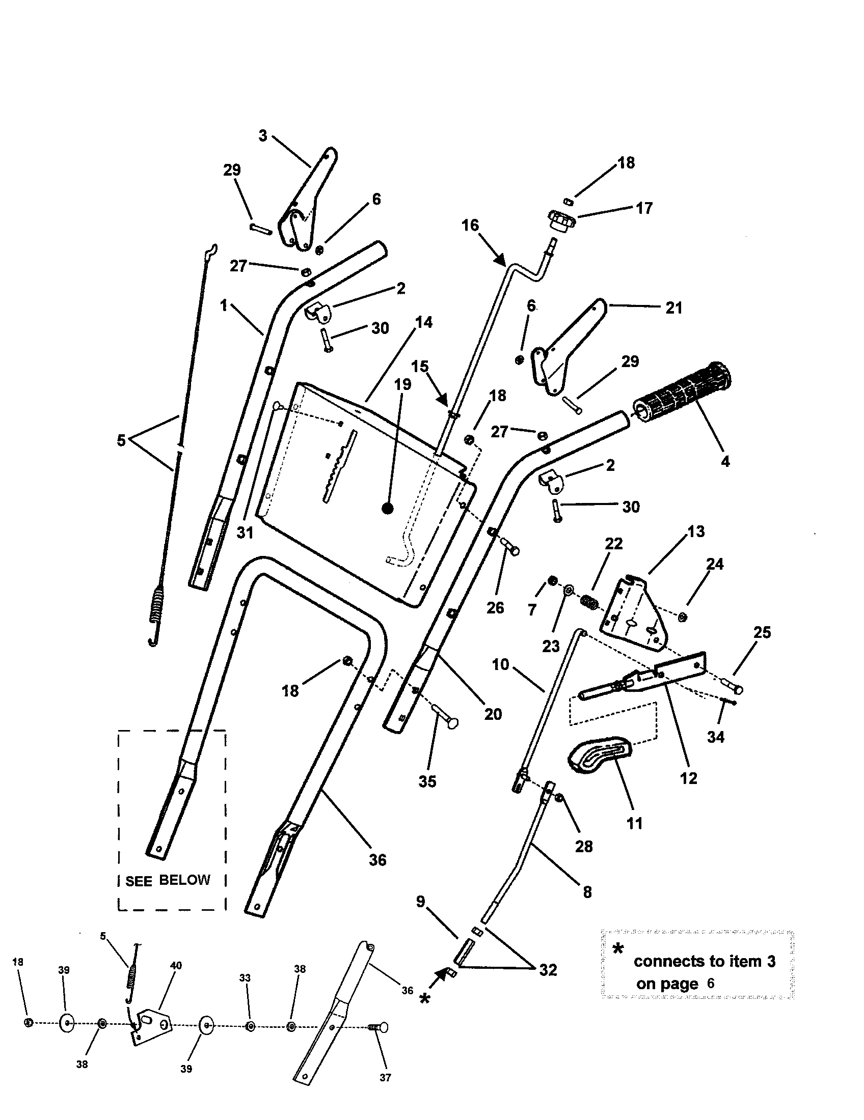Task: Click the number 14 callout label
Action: click(424, 323)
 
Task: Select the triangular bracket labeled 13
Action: click(636, 613)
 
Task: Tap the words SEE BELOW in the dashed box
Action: click(168, 880)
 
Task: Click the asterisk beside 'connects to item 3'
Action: click(619, 949)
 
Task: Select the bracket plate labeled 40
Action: click(151, 1026)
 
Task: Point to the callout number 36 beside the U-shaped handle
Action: click(377, 860)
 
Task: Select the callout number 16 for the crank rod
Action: click(470, 225)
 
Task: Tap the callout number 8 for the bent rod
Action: click(587, 892)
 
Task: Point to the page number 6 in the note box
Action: click(710, 984)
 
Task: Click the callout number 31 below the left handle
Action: click(245, 533)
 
